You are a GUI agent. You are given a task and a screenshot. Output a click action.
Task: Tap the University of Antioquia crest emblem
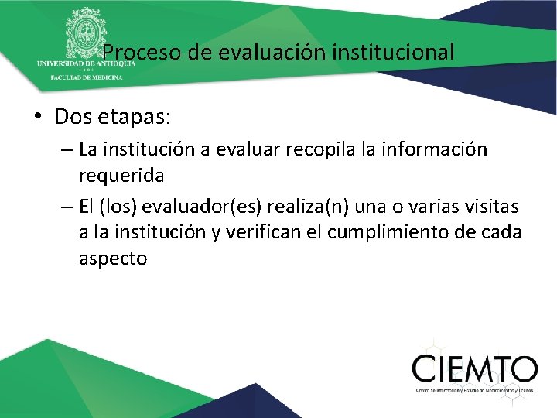(x=86, y=33)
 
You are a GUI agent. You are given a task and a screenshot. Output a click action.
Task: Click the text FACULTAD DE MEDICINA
(x=85, y=78)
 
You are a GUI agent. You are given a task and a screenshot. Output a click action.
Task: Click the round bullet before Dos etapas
(x=37, y=118)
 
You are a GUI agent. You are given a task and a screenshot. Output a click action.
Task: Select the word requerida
(x=121, y=176)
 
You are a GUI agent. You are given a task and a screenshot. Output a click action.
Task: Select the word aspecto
(x=113, y=259)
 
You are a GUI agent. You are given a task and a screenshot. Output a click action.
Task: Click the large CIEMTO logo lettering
(x=474, y=368)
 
